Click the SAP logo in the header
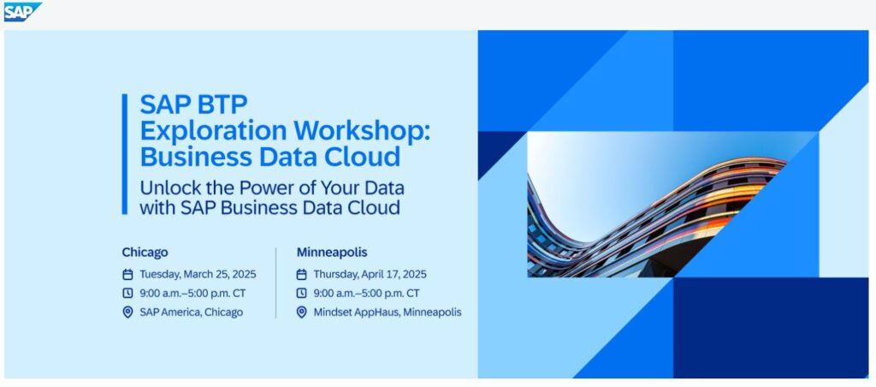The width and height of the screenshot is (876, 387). [23, 12]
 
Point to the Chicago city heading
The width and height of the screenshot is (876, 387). [145, 253]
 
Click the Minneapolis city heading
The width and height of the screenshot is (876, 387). [332, 253]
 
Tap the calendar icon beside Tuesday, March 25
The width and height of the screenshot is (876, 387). [127, 275]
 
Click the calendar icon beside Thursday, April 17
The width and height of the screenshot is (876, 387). [301, 275]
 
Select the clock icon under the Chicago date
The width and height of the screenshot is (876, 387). [127, 293]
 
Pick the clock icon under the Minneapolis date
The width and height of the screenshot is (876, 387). [301, 293]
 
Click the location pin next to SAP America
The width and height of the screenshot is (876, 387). [127, 312]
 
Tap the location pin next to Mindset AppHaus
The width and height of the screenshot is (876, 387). [301, 312]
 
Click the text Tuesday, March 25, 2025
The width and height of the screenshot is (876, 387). [198, 275]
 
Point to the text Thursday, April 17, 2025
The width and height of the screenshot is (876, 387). [370, 275]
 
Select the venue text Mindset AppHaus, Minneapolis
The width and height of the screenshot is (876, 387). [388, 312]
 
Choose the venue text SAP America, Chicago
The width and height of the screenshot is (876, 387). [191, 312]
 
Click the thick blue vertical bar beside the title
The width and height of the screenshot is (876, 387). [125, 154]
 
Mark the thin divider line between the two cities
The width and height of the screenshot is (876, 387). [276, 283]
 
